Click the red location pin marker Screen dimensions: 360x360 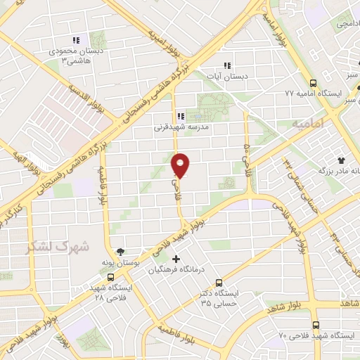click(x=181, y=165)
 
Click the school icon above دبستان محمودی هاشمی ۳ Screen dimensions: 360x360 click(x=76, y=40)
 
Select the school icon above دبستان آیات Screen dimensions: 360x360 click(x=226, y=65)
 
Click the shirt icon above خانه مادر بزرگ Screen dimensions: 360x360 click(x=341, y=160)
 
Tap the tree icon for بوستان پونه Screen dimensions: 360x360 click(x=121, y=251)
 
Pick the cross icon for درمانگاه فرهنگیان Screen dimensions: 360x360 click(x=176, y=259)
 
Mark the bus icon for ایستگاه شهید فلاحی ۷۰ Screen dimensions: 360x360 click(x=315, y=325)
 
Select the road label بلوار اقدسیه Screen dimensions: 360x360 click(x=82, y=96)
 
